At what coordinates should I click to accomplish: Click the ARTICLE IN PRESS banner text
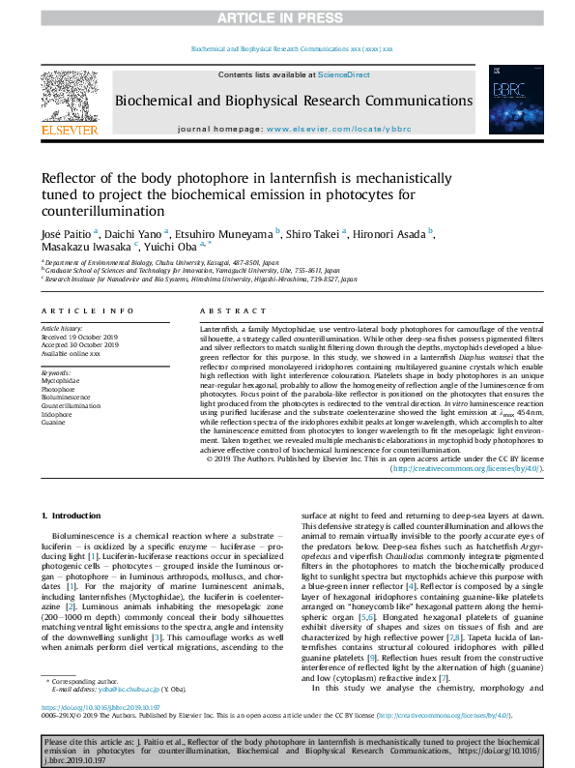coord(286,18)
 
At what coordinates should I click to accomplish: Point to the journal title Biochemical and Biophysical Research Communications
coord(294,101)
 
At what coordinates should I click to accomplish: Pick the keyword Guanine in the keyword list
coord(55,422)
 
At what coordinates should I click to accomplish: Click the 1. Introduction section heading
coord(74,517)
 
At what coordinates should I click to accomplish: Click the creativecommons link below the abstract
coord(467,468)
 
